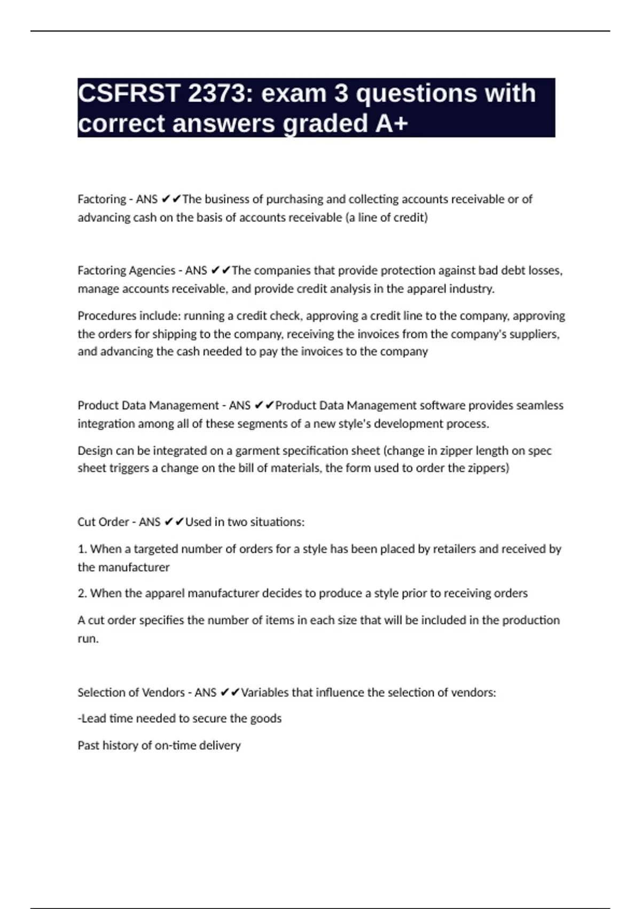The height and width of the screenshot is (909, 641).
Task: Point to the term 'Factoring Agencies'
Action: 126,271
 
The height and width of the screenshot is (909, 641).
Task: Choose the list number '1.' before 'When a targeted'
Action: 82,549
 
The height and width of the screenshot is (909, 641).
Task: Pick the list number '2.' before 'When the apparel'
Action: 82,594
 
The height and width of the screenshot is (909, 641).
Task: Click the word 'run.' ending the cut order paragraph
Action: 88,638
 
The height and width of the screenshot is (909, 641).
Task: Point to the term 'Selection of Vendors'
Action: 131,692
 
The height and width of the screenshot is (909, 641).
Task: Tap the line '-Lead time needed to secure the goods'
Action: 179,719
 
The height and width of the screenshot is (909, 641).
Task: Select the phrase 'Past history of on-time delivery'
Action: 159,745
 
